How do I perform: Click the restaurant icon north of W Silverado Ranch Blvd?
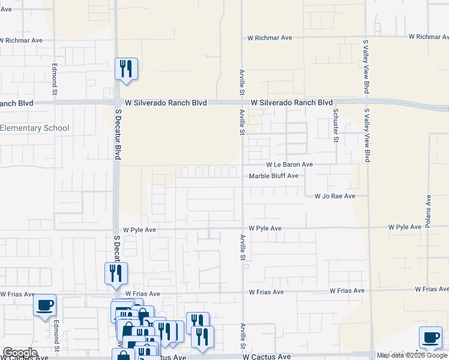click(126, 69)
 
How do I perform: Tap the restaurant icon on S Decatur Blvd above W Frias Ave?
click(116, 274)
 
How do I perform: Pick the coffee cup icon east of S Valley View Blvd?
click(430, 337)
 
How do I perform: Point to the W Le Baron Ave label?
click(290, 164)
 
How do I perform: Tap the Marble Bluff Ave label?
click(274, 176)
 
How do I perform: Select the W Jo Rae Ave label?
click(335, 196)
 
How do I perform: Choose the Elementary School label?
click(35, 128)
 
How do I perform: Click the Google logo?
click(20, 353)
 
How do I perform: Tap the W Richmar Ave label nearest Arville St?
click(270, 38)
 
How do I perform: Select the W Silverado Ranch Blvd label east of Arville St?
click(292, 103)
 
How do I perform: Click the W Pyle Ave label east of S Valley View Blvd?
click(405, 227)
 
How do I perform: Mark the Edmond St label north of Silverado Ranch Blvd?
click(54, 80)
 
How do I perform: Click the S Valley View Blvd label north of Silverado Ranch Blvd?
click(365, 67)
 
